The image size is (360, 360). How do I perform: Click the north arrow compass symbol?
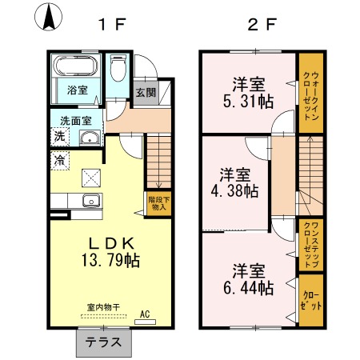point(50,18)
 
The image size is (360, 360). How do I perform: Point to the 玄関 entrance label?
point(144,92)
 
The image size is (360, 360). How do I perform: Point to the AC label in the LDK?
point(146,314)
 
